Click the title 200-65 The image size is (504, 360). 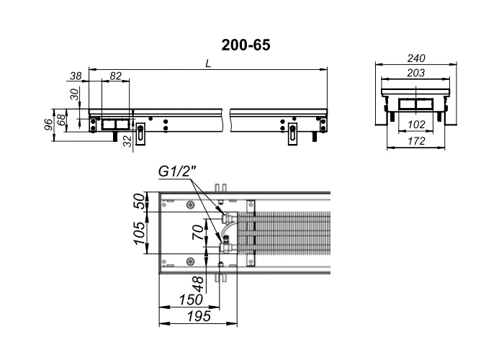(x=246, y=45)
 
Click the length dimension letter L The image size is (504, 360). (x=208, y=63)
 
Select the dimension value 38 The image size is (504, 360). (x=76, y=76)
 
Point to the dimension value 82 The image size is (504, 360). (x=116, y=76)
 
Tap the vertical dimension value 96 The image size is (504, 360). (x=48, y=125)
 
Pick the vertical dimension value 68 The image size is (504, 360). (x=61, y=119)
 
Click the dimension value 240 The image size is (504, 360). (x=416, y=58)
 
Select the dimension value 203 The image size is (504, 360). (x=416, y=73)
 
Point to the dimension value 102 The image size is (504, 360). (x=416, y=125)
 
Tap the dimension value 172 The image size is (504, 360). (x=416, y=141)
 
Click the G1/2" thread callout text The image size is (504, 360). (x=177, y=171)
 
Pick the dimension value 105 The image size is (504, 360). (x=140, y=233)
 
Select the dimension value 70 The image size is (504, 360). (x=198, y=233)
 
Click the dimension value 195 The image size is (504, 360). (x=199, y=316)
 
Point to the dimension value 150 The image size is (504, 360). (x=191, y=300)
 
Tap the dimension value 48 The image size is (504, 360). (x=198, y=284)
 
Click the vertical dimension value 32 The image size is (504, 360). (x=128, y=141)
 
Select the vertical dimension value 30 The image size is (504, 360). (x=74, y=94)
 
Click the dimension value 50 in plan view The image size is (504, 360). (x=140, y=201)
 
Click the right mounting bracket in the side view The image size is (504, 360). (x=292, y=135)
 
